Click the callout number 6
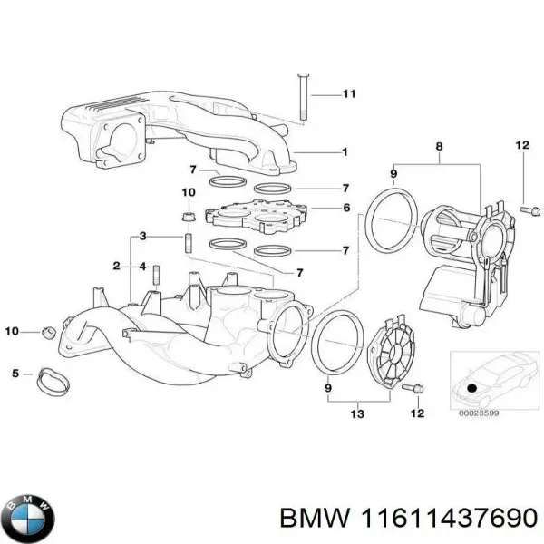[344, 208]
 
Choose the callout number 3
[142, 237]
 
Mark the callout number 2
[116, 266]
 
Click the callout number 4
[142, 266]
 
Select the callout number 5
[15, 373]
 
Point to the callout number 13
[355, 415]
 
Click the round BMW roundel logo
[30, 517]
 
